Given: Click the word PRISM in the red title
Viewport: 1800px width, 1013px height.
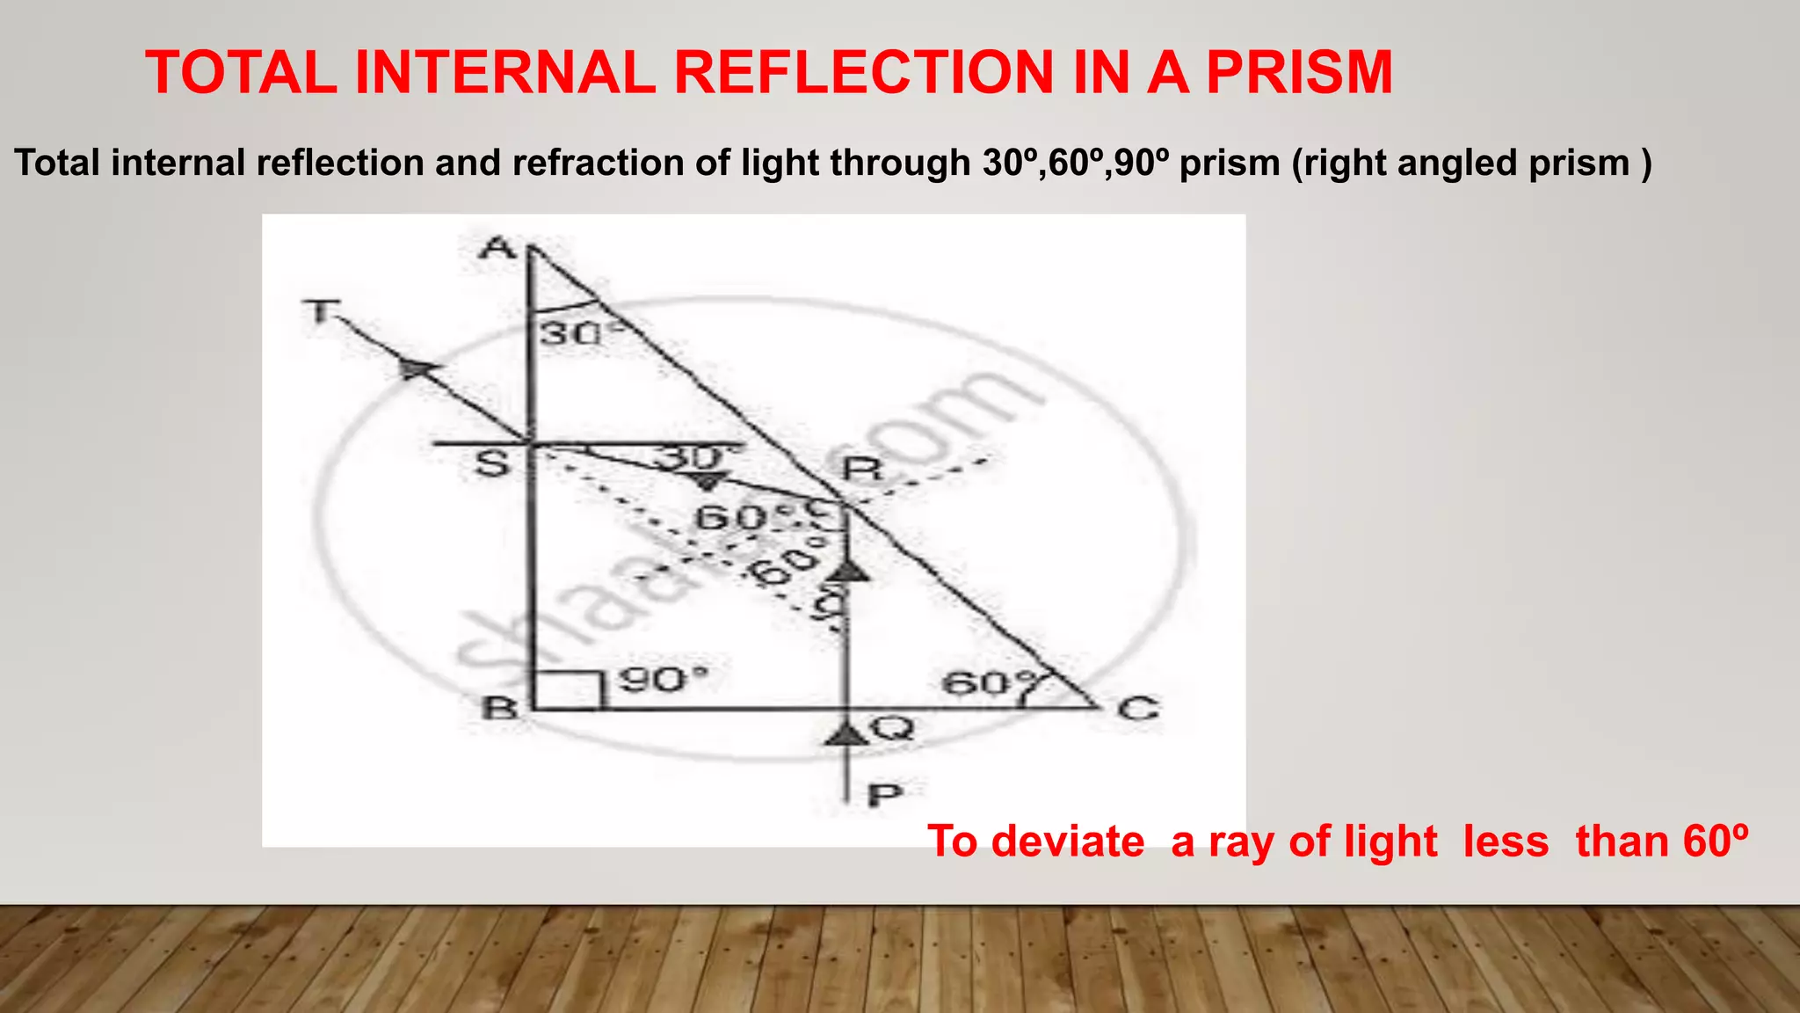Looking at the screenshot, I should (x=1299, y=72).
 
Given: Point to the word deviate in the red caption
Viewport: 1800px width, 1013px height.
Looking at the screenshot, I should (x=1068, y=842).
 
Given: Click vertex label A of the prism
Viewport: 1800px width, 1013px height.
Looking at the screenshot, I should (x=498, y=249).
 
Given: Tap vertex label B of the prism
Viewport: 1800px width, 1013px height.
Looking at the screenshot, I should (x=502, y=706).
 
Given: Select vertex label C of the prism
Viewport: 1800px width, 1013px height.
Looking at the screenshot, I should (x=1138, y=708).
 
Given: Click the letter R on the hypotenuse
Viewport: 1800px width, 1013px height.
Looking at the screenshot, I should (x=861, y=468).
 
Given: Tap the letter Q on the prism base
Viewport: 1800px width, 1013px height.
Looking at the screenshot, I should (x=893, y=729).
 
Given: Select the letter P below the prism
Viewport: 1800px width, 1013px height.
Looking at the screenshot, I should (x=885, y=796).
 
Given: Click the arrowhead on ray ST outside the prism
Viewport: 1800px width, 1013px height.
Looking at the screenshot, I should (x=418, y=368).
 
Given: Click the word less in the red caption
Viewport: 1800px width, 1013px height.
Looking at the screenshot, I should (x=1506, y=842).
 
